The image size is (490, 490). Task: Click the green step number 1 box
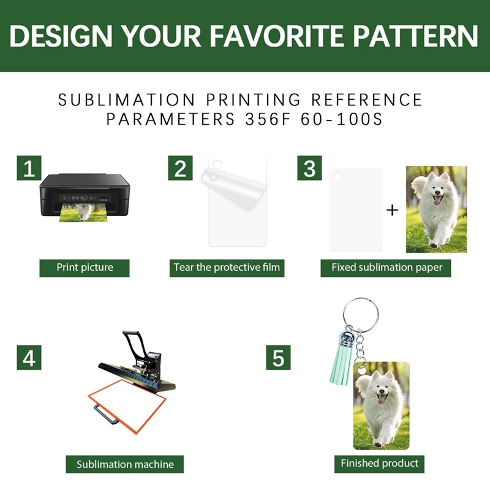[x=29, y=168]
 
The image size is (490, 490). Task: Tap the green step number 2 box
[x=180, y=168]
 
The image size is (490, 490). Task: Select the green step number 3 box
[x=309, y=168]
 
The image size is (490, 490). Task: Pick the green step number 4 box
[x=29, y=358]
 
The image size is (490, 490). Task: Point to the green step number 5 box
[x=278, y=358]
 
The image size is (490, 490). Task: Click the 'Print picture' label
[x=85, y=268]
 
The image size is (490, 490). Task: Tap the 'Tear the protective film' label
[x=227, y=268]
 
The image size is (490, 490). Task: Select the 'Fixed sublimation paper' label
[x=386, y=268]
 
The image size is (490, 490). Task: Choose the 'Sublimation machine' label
[x=125, y=464]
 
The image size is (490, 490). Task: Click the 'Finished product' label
[x=379, y=464]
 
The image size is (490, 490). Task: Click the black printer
[x=85, y=195]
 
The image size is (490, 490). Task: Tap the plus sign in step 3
[x=392, y=210]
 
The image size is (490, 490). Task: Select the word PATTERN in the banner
[x=416, y=36]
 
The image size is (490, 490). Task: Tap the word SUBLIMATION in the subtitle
[x=127, y=100]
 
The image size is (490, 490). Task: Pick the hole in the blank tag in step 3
[x=337, y=176]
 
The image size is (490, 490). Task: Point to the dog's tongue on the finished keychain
[x=382, y=399]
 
